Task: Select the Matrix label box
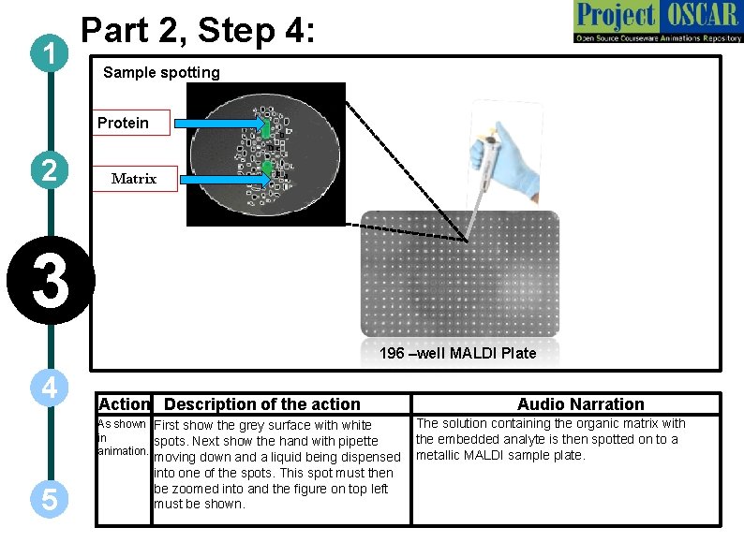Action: coord(134,178)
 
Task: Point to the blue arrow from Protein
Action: coord(220,124)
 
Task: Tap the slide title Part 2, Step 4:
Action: coord(201,30)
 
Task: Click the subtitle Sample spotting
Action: coord(161,72)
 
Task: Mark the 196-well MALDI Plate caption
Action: coord(457,353)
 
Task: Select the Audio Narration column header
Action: coord(580,404)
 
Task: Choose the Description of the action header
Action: coord(261,404)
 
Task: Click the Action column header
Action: coord(124,404)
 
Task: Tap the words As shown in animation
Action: coord(122,437)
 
